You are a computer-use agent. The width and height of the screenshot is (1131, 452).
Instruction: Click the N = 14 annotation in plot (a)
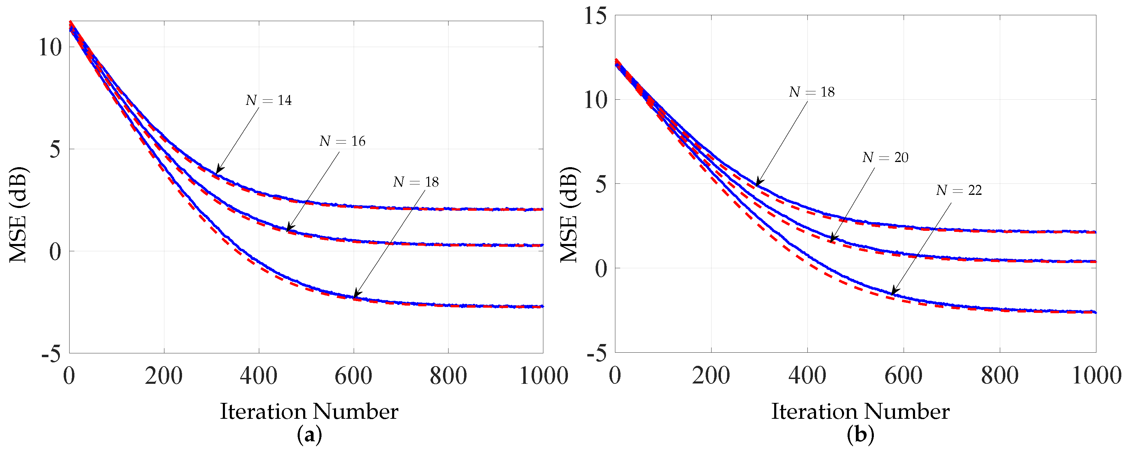point(269,101)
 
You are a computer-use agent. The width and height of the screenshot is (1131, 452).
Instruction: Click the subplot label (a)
point(309,435)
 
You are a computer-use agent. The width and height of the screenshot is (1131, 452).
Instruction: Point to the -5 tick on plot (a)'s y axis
point(51,353)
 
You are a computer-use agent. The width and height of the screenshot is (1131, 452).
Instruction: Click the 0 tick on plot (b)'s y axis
point(600,268)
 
